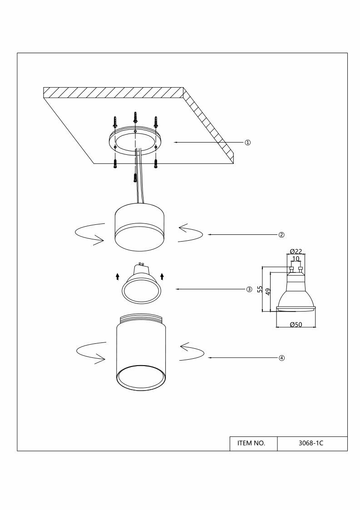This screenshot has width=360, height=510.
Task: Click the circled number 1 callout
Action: [x=248, y=142]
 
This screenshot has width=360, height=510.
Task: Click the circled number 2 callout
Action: [x=281, y=235]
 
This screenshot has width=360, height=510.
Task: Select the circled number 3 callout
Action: [x=249, y=289]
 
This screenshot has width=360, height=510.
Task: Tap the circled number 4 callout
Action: [x=281, y=358]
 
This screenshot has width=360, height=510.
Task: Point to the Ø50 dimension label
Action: [x=296, y=324]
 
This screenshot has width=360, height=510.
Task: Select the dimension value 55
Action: [x=260, y=289]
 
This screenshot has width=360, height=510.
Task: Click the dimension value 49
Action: [x=268, y=292]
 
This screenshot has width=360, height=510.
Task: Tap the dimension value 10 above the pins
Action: [x=296, y=259]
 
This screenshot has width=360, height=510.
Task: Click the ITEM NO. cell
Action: [x=251, y=443]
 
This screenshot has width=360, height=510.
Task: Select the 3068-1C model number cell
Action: [x=312, y=443]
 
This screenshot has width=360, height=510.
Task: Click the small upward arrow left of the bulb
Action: [x=117, y=276]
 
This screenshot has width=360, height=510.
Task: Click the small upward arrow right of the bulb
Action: [x=162, y=276]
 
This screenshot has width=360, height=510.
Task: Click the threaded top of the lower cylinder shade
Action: [x=141, y=319]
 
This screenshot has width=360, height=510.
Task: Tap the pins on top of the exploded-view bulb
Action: [x=141, y=263]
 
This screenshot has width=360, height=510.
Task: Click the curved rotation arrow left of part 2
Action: [x=89, y=235]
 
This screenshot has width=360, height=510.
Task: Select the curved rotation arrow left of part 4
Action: [x=90, y=353]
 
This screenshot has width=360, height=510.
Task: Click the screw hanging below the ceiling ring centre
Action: [x=135, y=177]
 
